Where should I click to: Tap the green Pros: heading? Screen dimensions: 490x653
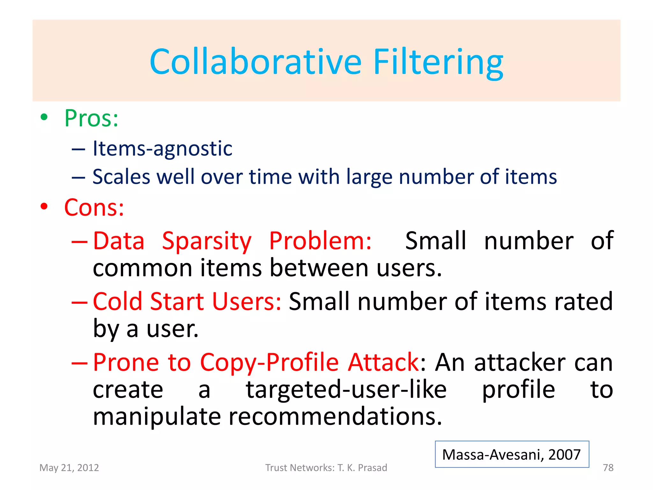pyautogui.click(x=92, y=118)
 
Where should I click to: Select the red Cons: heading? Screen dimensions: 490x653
pyautogui.click(x=94, y=208)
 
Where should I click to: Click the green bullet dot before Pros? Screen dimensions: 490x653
pyautogui.click(x=44, y=117)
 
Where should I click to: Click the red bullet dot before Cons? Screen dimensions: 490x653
pyautogui.click(x=44, y=206)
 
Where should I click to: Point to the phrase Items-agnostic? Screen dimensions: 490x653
pyautogui.click(x=162, y=148)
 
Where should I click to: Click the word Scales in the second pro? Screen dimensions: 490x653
pyautogui.click(x=121, y=177)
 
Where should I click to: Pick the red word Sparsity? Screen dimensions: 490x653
pyautogui.click(x=207, y=241)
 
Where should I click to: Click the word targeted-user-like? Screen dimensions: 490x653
pyautogui.click(x=346, y=390)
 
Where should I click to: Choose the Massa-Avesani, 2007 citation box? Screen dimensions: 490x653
pyautogui.click(x=512, y=454)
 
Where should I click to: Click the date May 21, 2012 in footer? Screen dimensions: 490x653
pyautogui.click(x=69, y=468)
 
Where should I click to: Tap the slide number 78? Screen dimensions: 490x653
pyautogui.click(x=608, y=468)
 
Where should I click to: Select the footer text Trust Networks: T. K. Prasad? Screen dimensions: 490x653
pyautogui.click(x=326, y=468)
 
